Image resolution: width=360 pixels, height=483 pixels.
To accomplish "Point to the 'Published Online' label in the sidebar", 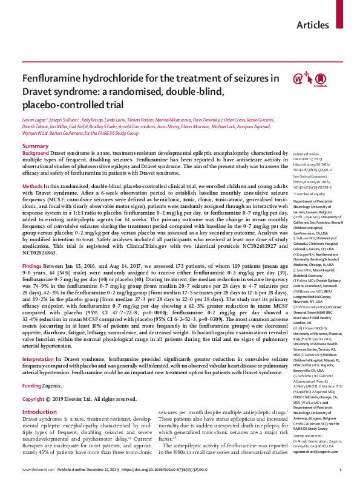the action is (x=306, y=154).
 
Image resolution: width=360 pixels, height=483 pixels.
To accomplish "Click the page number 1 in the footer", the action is (x=324, y=470).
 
